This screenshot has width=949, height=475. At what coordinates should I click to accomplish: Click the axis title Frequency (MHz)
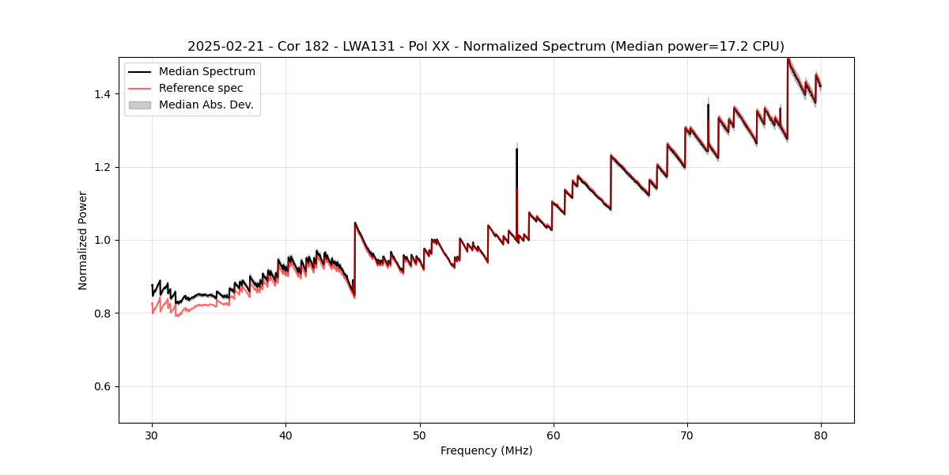[486, 450]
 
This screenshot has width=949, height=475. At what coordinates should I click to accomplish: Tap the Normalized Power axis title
[83, 240]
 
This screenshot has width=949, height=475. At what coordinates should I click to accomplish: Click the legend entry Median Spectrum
[207, 72]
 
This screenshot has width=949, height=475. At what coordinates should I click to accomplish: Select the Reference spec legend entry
[201, 88]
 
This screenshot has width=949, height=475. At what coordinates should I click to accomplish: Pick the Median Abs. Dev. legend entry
[206, 104]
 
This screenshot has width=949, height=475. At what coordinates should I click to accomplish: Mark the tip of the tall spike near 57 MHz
[516, 149]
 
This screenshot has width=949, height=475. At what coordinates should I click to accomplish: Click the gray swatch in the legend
[140, 104]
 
